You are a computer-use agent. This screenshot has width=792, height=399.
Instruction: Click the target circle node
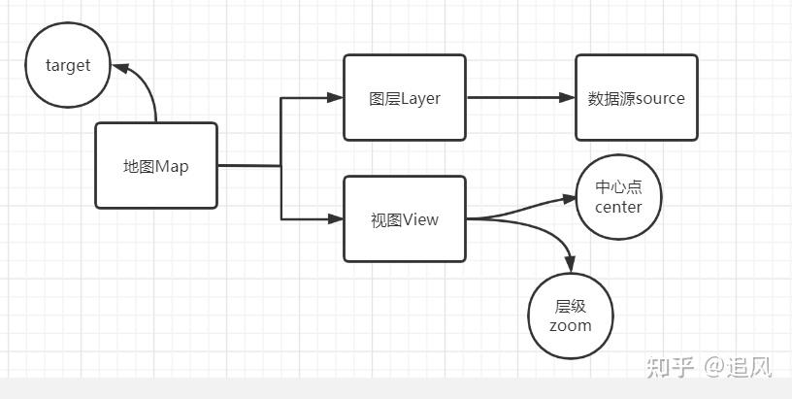point(68,66)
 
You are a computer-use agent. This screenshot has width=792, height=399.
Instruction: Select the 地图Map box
point(155,166)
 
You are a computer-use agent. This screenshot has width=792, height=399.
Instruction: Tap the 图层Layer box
point(405,97)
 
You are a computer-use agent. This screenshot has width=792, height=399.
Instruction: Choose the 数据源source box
point(636,97)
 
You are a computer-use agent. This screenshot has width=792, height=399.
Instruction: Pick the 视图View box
point(405,218)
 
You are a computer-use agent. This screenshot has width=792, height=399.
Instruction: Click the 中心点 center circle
point(618,197)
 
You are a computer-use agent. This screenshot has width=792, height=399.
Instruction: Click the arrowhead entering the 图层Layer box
point(336,97)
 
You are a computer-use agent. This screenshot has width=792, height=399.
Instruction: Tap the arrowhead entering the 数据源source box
point(567,97)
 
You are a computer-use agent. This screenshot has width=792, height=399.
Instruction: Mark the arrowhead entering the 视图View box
point(336,219)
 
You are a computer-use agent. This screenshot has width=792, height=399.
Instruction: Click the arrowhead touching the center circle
point(570,199)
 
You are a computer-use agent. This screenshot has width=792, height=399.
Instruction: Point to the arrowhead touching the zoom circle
point(570,264)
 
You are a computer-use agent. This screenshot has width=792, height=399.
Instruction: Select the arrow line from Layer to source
point(514,97)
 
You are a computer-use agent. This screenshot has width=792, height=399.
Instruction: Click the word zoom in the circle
point(570,326)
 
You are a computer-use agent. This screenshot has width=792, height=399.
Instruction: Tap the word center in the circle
point(618,207)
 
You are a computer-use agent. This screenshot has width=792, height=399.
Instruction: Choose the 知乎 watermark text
point(671,367)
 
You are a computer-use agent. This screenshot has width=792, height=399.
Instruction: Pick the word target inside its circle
point(68,66)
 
